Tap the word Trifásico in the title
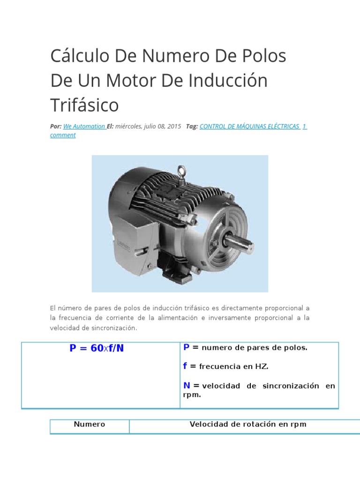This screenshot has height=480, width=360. pos(84,105)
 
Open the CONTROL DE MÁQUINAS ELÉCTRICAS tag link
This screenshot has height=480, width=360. pos(249,127)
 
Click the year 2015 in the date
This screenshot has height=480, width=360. pos(173,127)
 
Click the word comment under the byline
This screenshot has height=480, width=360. pos(63,135)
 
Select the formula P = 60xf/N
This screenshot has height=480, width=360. pos(97,348)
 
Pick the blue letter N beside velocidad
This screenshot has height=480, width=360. pos(187,385)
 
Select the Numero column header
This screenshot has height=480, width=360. pos(90,424)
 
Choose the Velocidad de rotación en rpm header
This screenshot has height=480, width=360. pos(248,424)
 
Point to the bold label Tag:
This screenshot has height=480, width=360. pos(192,127)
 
